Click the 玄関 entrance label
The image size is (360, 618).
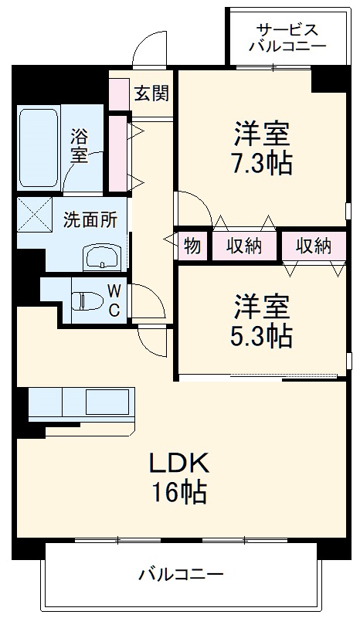point(151,93)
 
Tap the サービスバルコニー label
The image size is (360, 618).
point(287,38)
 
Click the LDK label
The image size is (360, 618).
point(178,463)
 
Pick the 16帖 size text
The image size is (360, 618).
point(178,492)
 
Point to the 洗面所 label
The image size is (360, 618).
point(90,219)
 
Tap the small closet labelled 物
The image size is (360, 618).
point(192,247)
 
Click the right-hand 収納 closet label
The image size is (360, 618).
point(313,247)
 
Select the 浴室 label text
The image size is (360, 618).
point(79,146)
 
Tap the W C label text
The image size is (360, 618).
point(113,301)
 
